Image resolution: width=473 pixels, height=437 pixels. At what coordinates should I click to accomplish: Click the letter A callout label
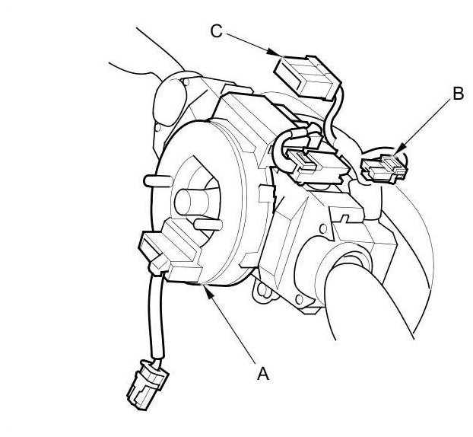click(263, 373)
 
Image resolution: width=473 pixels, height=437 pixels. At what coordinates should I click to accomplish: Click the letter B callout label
click(457, 94)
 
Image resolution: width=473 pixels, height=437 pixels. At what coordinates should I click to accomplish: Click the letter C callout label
click(216, 30)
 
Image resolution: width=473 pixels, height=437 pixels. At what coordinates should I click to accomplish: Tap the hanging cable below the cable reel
click(158, 320)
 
